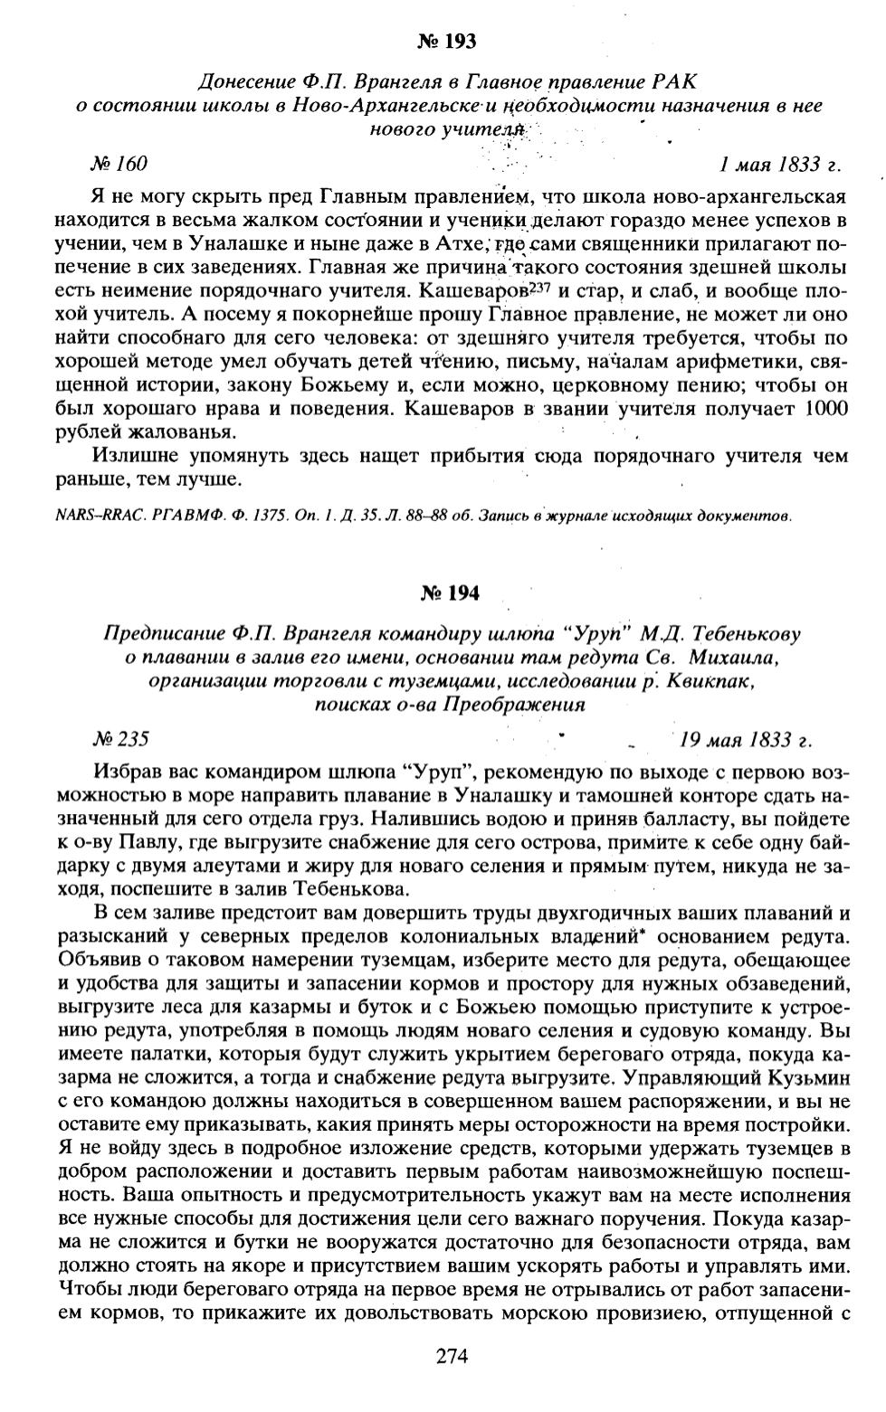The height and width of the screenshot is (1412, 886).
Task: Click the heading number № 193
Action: tap(447, 41)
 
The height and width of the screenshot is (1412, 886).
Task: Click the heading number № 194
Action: tap(450, 593)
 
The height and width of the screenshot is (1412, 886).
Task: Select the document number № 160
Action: tap(118, 164)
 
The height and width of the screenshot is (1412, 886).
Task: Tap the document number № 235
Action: tap(119, 738)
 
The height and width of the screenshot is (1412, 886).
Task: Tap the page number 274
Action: tap(451, 1355)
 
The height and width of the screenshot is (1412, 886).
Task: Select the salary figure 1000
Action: tap(824, 408)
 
